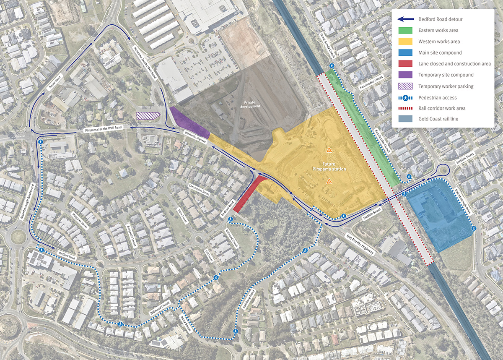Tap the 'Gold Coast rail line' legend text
click(x=438, y=119)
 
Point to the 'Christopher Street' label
click(x=199, y=189)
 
